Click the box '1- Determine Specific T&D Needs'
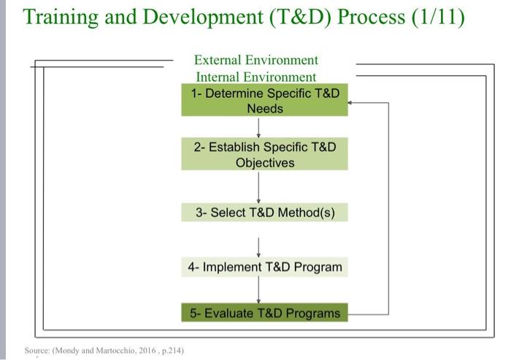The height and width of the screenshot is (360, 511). pos(265,101)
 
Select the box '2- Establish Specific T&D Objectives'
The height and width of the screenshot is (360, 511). pos(265,155)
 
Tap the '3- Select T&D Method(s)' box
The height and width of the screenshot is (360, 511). pos(265,212)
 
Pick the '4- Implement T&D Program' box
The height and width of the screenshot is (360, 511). pos(265,267)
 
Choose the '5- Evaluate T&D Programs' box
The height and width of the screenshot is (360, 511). pos(265,313)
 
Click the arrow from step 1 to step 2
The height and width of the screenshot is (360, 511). pos(259,126)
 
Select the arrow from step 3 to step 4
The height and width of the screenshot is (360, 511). pos(259,240)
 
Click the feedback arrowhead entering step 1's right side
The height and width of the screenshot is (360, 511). pos(353,103)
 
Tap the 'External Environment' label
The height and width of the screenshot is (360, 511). pos(256,60)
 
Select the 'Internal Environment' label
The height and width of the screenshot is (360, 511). pos(256,77)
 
